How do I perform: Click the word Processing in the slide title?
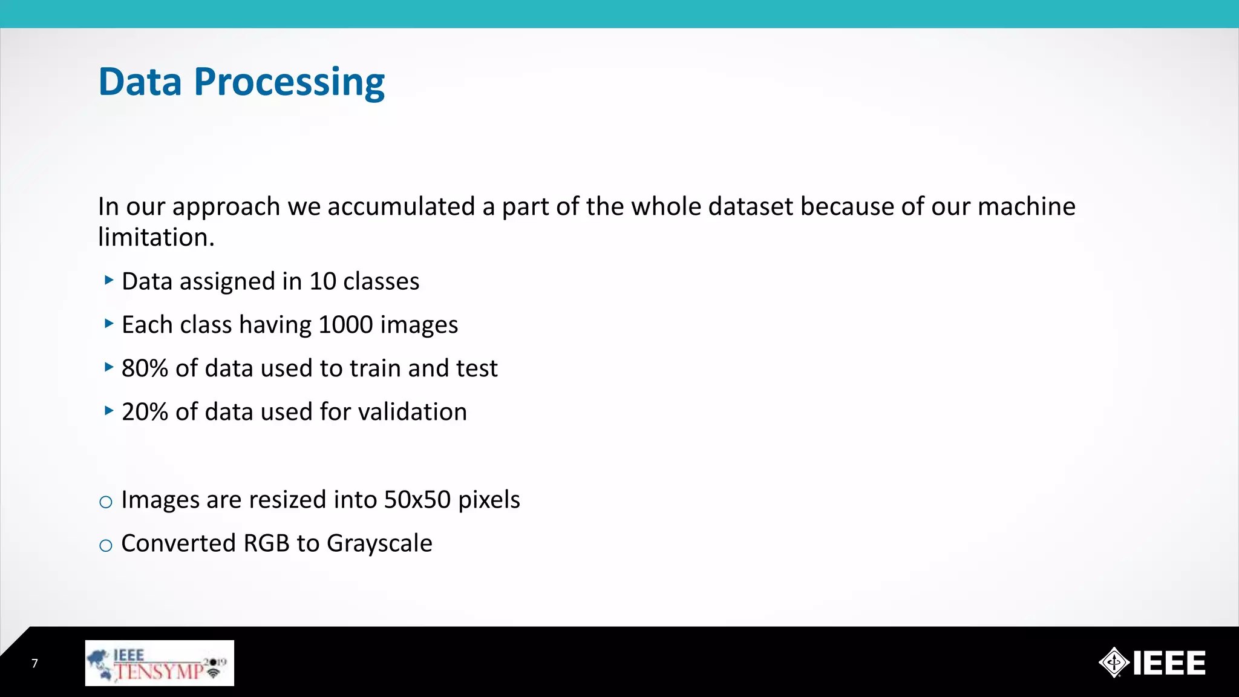(x=289, y=82)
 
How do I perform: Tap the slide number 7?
(x=34, y=664)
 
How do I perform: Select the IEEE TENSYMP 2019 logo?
(x=159, y=663)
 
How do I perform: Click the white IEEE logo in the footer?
(x=1152, y=663)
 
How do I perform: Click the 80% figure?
(x=145, y=368)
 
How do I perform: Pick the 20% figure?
(x=145, y=412)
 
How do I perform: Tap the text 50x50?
(x=417, y=500)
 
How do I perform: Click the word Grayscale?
(x=379, y=544)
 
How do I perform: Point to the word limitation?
(x=156, y=238)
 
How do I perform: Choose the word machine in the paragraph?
(x=1026, y=207)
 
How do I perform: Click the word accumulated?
(x=400, y=207)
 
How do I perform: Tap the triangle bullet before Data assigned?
(x=109, y=280)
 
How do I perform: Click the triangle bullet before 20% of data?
(x=109, y=411)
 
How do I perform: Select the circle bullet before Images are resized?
(x=106, y=502)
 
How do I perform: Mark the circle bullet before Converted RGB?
(x=106, y=546)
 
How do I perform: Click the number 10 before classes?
(x=322, y=281)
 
